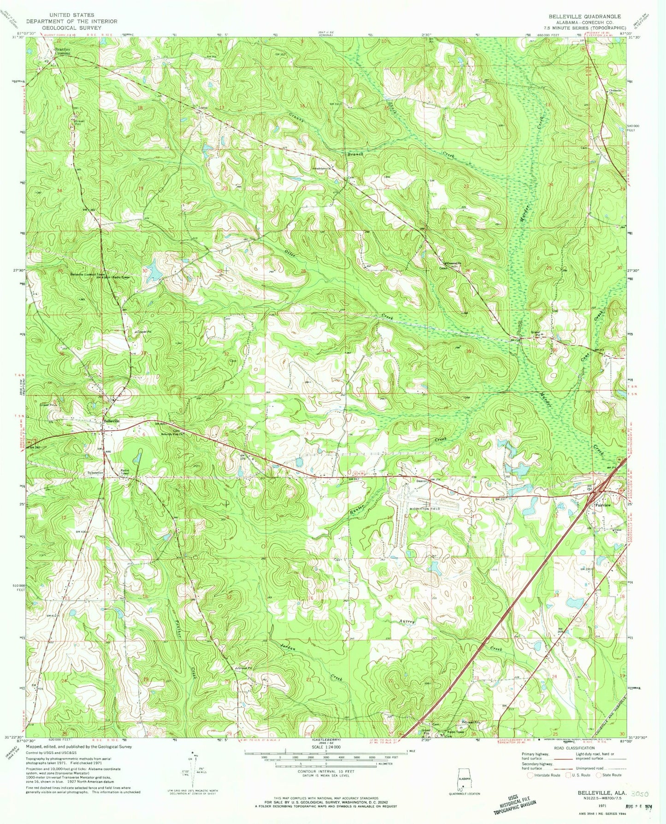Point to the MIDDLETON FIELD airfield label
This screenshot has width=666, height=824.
pos(425,509)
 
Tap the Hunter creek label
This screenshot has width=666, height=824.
pos(358,509)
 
